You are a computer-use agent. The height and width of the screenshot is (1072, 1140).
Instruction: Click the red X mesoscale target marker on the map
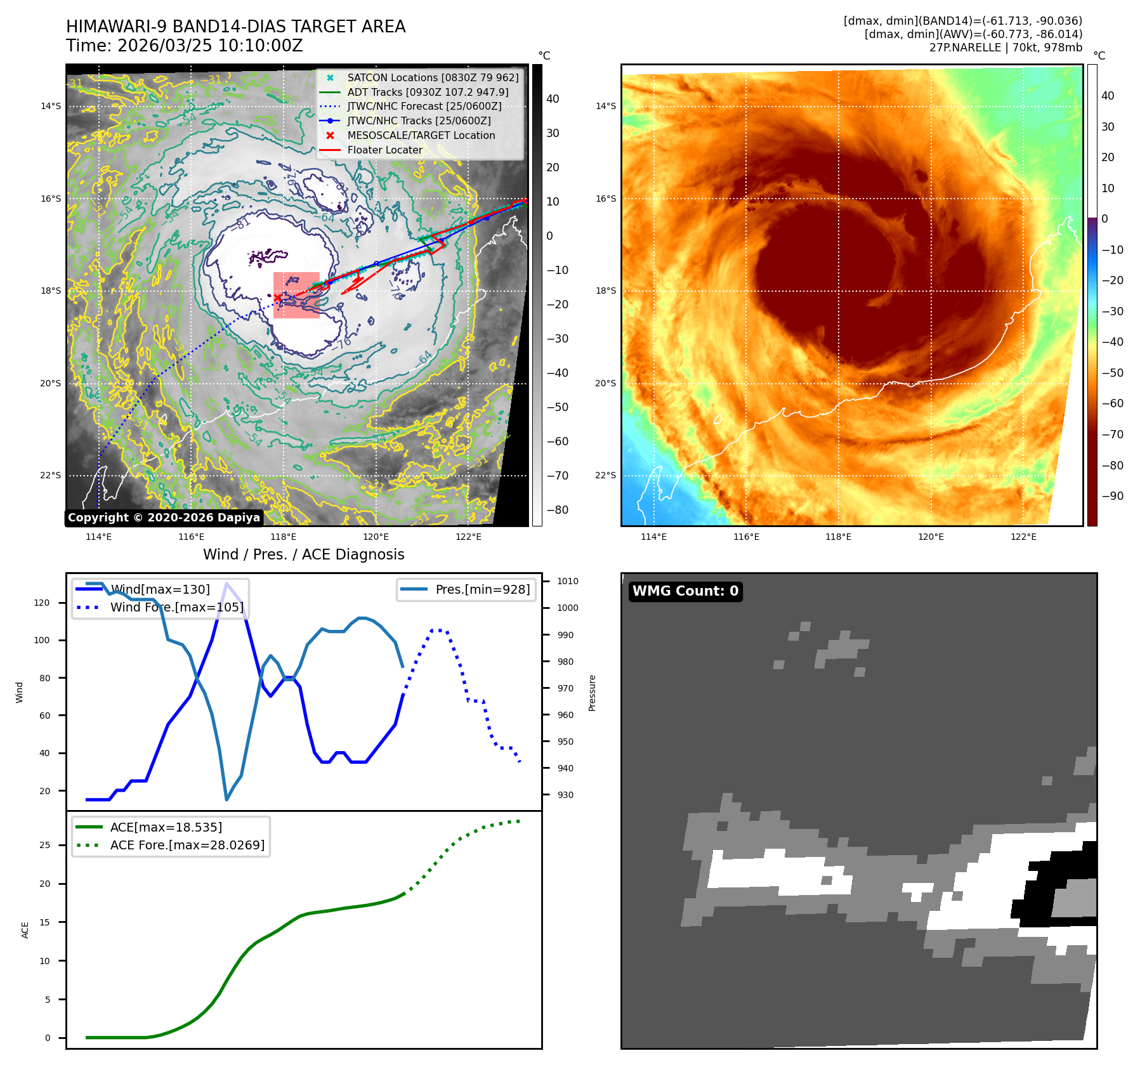point(277,297)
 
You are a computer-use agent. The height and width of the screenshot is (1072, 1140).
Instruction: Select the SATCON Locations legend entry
point(433,77)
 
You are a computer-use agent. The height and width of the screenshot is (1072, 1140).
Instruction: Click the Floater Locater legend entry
point(384,150)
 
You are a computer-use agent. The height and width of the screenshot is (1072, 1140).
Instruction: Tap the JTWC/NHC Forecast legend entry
point(424,106)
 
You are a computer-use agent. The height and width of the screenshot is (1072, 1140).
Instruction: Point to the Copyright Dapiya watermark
point(164,518)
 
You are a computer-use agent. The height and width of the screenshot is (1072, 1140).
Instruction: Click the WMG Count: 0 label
point(685,591)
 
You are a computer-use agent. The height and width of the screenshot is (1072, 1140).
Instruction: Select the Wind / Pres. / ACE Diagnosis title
point(303,554)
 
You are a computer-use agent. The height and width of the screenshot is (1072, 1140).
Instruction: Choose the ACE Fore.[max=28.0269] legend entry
point(187,845)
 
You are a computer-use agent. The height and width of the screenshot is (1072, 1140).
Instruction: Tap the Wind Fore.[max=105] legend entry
point(176,607)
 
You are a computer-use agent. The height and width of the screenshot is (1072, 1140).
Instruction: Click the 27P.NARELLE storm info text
point(1006,48)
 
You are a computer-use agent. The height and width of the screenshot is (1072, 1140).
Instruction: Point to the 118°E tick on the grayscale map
point(283,537)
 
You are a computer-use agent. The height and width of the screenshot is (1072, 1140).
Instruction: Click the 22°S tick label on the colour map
point(605,475)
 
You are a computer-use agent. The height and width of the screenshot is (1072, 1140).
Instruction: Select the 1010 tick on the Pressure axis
point(568,581)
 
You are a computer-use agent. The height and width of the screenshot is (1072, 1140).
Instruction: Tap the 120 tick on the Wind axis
point(42,603)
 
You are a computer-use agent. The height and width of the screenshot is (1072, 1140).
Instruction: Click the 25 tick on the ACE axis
point(44,845)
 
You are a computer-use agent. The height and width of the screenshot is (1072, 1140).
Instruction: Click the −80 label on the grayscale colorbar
point(558,510)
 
